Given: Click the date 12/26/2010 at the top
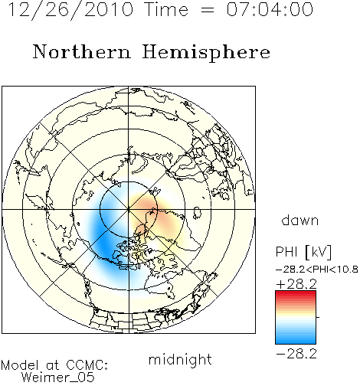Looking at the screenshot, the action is (x=70, y=9).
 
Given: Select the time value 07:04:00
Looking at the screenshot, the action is (x=270, y=9).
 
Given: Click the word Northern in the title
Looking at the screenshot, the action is (x=81, y=52).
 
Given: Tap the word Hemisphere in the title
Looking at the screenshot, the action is (x=206, y=52).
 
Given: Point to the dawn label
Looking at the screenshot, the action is (x=300, y=221).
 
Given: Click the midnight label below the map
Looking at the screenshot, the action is (x=180, y=359).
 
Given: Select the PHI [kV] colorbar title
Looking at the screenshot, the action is (x=303, y=252).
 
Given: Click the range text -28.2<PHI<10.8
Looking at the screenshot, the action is (x=317, y=270).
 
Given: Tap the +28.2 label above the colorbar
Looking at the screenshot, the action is (x=296, y=284).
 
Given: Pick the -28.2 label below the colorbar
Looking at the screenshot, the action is (x=296, y=354).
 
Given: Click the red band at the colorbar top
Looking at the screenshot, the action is (x=296, y=294).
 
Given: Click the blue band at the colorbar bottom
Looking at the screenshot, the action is (x=296, y=341).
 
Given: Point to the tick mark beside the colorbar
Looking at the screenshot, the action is (x=318, y=317).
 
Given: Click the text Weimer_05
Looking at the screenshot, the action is (x=58, y=378).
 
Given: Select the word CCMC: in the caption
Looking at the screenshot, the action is (x=87, y=365).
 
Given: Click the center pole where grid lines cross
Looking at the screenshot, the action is (x=129, y=209).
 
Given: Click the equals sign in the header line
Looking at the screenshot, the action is (x=208, y=10).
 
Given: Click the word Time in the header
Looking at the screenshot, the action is (x=166, y=9).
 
